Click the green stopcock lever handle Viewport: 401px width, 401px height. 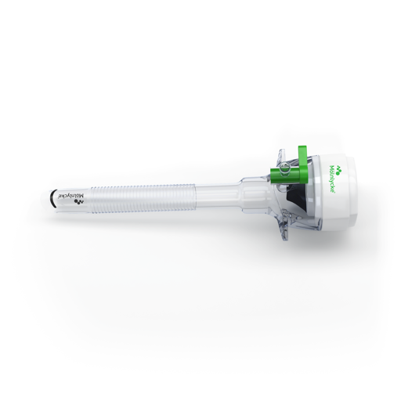[304, 163]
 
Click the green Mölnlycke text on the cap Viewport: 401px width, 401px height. [333, 179]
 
